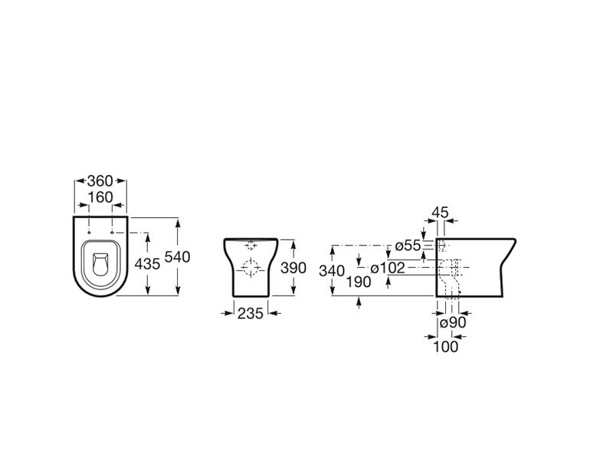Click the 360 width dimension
pos(100,181)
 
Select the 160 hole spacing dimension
pos(100,197)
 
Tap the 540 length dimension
pos(178,257)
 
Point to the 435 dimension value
pos(147,264)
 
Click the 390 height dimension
pos(293,268)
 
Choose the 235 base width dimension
pos(251,313)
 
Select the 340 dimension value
pos(332,270)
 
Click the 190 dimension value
pos(359,282)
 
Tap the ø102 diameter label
pos(388,268)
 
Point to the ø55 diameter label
pos(408,246)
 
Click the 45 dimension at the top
pos(440,213)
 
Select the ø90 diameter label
pos(453,323)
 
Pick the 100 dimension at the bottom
pos(446,346)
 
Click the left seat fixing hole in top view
pos(90,233)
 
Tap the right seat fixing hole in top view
pos(113,233)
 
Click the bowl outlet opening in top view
pos(101,264)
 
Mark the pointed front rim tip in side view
pos(516,240)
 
